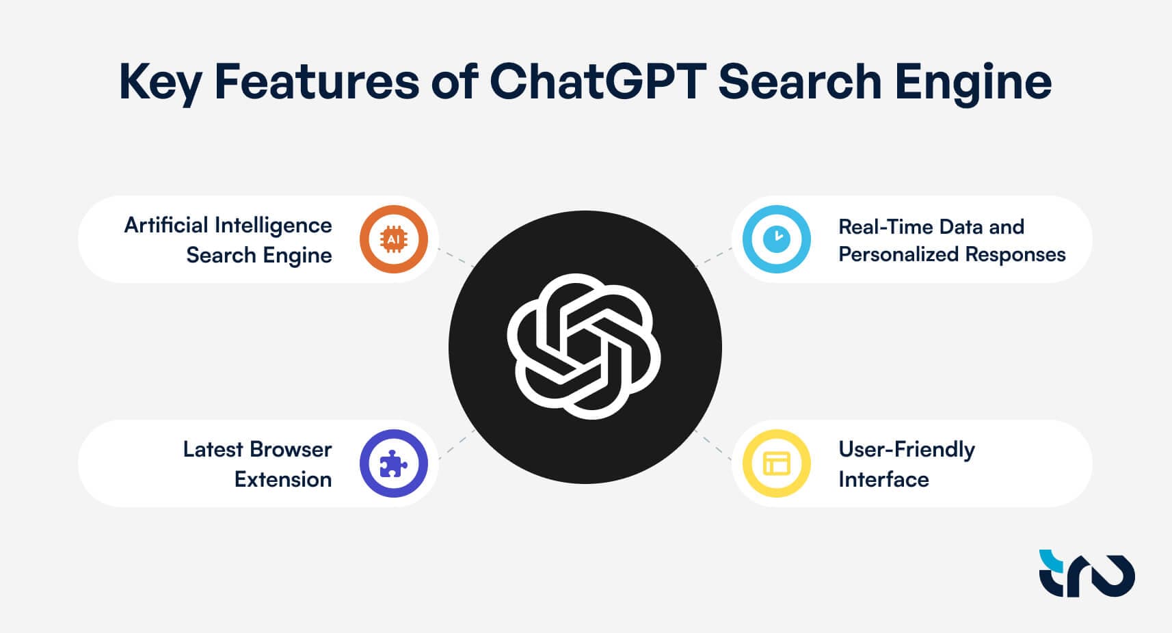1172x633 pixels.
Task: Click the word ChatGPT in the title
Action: click(598, 81)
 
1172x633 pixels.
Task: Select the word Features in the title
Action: click(317, 81)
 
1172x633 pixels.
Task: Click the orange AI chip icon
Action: click(393, 239)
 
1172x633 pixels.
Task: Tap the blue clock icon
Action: click(777, 239)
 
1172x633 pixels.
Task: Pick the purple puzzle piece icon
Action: click(393, 463)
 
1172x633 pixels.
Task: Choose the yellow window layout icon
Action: click(777, 463)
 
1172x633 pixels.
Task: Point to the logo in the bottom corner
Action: click(1087, 574)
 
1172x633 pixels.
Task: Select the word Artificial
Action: click(166, 226)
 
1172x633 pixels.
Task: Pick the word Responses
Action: click(1015, 256)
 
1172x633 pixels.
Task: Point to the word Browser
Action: click(291, 449)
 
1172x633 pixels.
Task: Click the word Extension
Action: click(283, 480)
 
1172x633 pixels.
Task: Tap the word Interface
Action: click(883, 480)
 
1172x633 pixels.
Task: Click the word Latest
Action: click(213, 449)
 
